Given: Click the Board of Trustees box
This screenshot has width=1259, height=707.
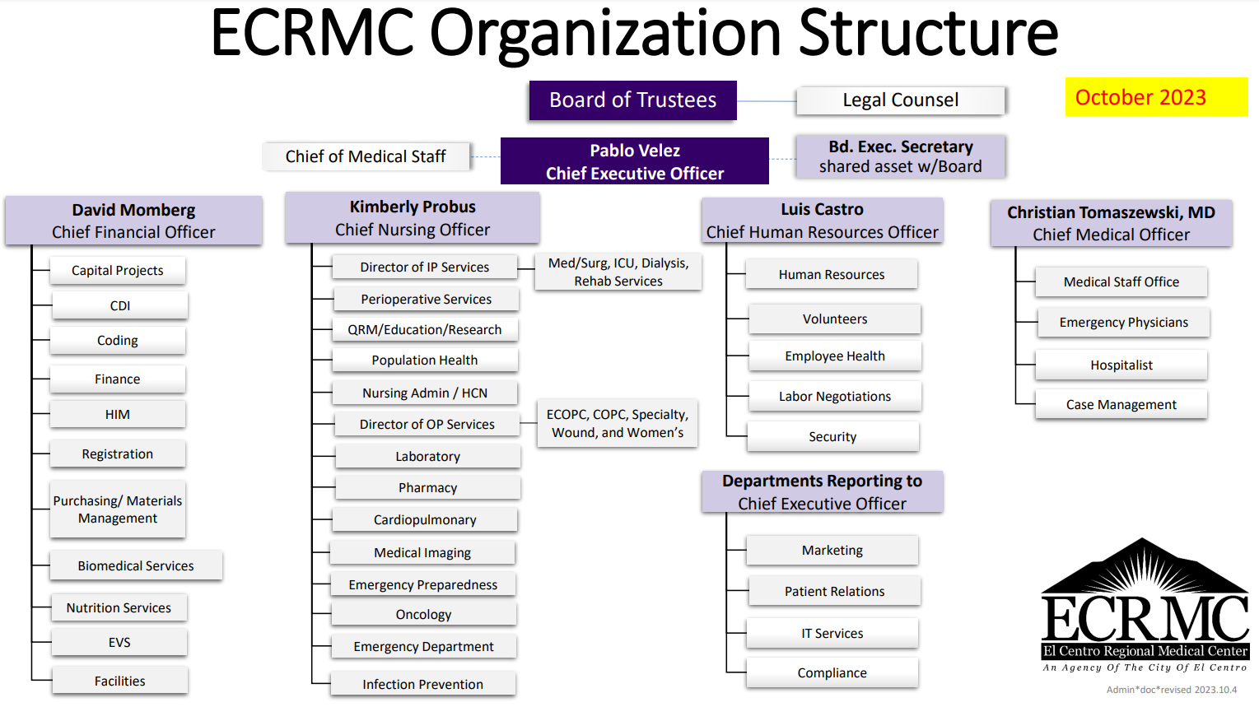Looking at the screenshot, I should [x=632, y=100].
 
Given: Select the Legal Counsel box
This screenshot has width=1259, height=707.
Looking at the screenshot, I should [x=900, y=100].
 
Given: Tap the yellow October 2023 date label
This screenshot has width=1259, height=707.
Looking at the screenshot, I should [x=1156, y=97].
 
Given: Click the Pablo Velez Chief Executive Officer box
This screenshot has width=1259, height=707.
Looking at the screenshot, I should [x=634, y=161].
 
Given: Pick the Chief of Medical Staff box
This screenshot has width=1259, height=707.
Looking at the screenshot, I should [x=366, y=156].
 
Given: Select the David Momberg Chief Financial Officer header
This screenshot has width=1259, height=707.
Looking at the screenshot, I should [x=133, y=221].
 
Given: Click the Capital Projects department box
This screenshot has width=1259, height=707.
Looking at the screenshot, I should [x=118, y=271].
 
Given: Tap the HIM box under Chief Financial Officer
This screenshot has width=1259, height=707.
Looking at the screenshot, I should [x=118, y=415].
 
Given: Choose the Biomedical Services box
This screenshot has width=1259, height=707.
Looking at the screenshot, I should [x=136, y=566].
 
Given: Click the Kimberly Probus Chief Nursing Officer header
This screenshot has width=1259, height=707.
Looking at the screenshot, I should [x=412, y=218].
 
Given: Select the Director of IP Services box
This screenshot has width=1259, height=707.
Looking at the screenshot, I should [x=425, y=267].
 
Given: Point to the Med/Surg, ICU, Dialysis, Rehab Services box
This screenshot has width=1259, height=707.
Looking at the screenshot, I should [x=618, y=272].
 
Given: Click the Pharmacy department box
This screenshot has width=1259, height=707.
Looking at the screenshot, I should [x=427, y=488].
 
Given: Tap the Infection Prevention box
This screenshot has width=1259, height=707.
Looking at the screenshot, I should [x=423, y=685].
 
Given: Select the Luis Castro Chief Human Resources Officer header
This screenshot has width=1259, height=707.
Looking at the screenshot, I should [x=822, y=221].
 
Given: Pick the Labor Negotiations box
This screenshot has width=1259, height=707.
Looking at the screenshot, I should [x=835, y=397].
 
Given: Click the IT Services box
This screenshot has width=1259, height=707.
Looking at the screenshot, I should [x=832, y=634].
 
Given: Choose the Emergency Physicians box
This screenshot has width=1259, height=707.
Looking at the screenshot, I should [x=1123, y=323].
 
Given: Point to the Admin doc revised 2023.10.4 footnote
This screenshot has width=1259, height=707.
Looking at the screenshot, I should [x=1171, y=690].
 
